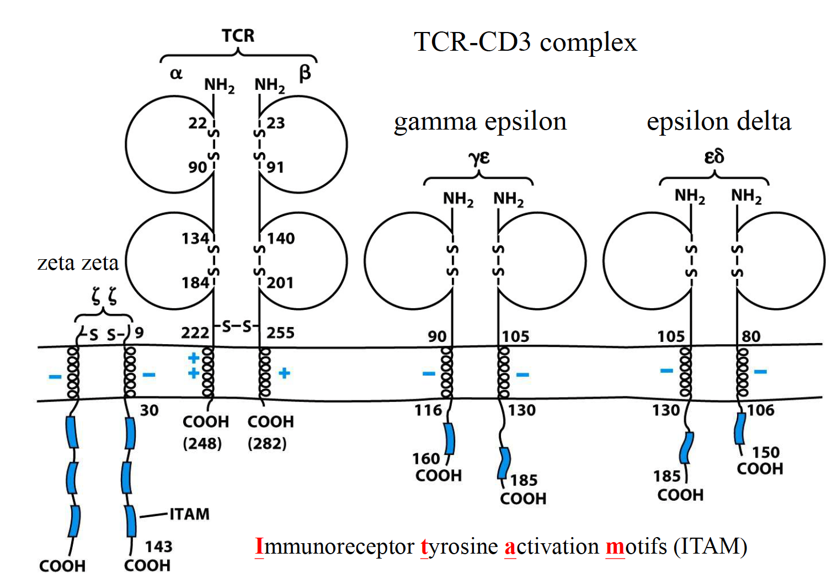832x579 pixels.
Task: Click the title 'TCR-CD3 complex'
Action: click(525, 42)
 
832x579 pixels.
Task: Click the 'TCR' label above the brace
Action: click(238, 36)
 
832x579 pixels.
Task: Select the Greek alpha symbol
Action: click(176, 73)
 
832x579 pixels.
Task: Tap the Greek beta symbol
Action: click(305, 73)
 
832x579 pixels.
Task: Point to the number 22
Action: click(198, 123)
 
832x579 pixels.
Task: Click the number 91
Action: click(275, 167)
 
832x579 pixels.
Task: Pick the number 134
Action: click(195, 239)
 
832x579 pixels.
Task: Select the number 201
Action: click(280, 283)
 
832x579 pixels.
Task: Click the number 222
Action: click(195, 333)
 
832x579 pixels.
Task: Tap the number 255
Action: click(280, 333)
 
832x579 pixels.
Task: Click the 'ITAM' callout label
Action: click(189, 514)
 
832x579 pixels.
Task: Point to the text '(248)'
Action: click(202, 443)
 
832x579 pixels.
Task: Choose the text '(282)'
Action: click(267, 443)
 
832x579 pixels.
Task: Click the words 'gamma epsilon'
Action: click(480, 122)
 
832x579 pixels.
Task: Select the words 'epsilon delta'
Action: click(719, 121)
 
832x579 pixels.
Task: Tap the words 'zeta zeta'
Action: click(78, 262)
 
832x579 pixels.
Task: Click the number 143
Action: click(158, 546)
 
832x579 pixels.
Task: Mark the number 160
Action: click(426, 459)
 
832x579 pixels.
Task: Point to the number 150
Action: click(766, 452)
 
